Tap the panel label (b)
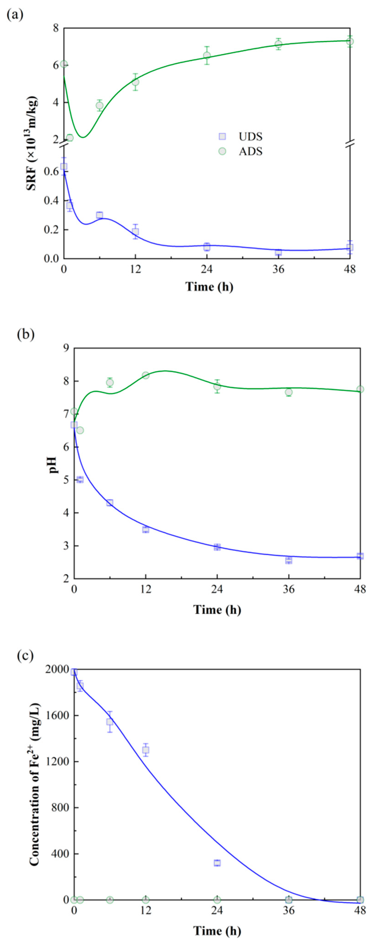click(25, 335)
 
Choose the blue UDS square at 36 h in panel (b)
click(289, 560)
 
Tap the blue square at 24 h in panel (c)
click(217, 863)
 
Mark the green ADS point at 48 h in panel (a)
click(350, 41)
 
